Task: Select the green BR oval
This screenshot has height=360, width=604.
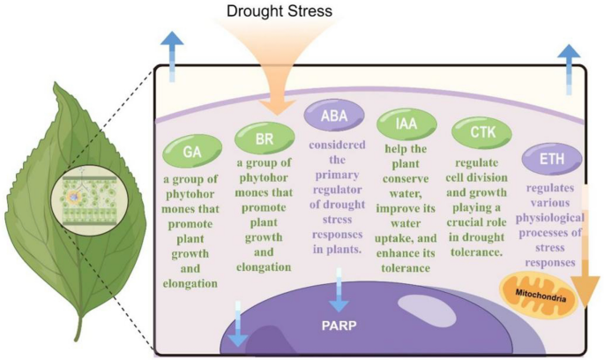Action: [261, 138]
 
